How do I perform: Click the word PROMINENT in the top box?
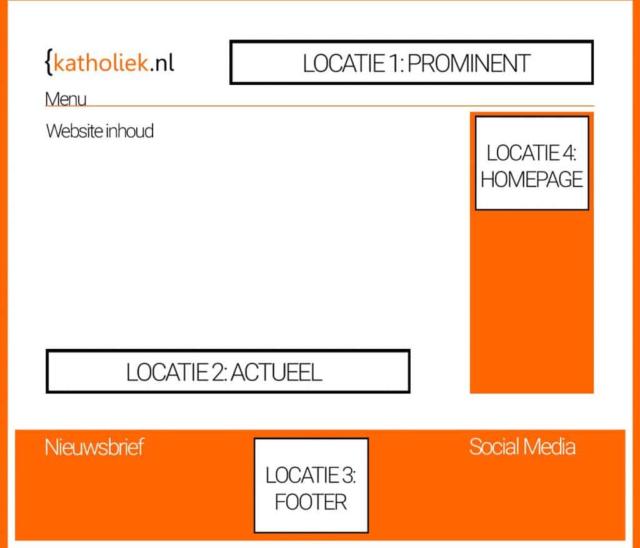[469, 63]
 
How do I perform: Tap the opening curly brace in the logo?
[49, 62]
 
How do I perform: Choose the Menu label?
[66, 99]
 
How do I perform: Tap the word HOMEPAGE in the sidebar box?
[532, 180]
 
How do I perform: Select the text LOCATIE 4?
[532, 153]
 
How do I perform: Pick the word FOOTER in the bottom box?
[311, 502]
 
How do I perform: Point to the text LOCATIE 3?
[311, 476]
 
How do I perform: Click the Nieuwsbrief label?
[94, 447]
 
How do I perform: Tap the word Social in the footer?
[494, 447]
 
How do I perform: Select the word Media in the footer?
[549, 447]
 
